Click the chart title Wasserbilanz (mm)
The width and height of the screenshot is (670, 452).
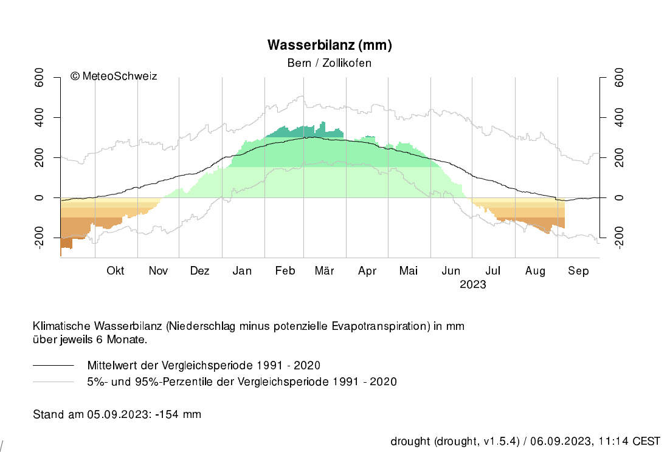pos(330,46)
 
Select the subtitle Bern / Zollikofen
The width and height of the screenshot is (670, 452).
pos(329,63)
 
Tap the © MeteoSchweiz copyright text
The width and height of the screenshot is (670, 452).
pos(114,76)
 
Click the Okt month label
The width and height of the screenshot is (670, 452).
pos(116,271)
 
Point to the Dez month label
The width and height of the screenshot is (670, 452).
pos(199,271)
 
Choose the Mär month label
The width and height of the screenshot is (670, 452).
pos(325,271)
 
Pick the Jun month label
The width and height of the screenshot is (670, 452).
pos(451,271)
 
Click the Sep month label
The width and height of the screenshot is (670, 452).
pos(578,271)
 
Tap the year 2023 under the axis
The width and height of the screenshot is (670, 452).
pos(473,284)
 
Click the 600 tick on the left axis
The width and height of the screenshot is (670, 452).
pos(40,77)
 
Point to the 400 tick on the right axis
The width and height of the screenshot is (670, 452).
pos(620,117)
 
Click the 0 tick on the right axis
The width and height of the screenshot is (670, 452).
pos(620,197)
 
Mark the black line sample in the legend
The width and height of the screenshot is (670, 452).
pos(53,365)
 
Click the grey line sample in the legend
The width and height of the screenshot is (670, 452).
pos(53,382)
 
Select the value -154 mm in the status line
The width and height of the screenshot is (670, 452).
pos(179,414)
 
